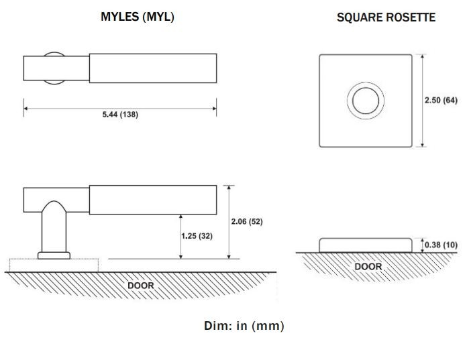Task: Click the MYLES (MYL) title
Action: point(137,17)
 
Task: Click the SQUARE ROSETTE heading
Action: point(386,17)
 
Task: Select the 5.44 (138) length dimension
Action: point(120,115)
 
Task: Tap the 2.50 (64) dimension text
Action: point(441,101)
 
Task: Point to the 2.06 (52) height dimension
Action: point(246,222)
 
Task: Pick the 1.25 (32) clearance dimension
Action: point(197,236)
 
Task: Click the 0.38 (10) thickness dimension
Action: point(441,245)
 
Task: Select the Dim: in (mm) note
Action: point(244,326)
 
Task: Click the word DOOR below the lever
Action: point(141,286)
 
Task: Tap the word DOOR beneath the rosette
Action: point(368,267)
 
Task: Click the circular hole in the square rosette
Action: point(366,102)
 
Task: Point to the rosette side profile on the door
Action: point(366,245)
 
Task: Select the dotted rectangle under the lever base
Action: point(54,265)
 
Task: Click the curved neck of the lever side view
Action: point(54,228)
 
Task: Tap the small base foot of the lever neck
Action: point(54,255)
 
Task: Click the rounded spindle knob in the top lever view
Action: point(54,68)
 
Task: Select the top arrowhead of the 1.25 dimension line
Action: point(181,217)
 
